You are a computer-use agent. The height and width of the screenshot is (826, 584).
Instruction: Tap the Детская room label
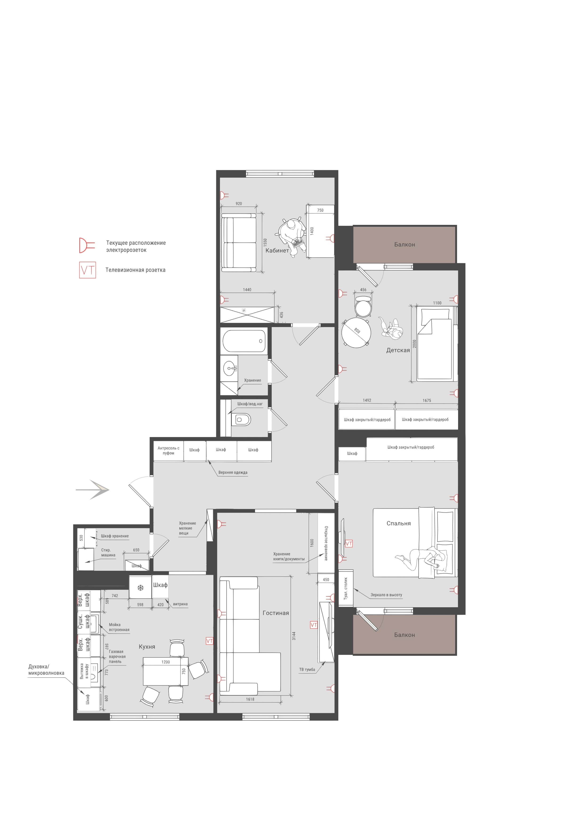coord(398,350)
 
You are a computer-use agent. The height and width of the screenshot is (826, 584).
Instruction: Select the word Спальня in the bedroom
coord(399,523)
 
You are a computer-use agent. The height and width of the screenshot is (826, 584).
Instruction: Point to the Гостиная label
coord(276,613)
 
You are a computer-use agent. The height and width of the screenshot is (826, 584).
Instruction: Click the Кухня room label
coord(147,647)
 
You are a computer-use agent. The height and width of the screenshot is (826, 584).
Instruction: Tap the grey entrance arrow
coord(93,490)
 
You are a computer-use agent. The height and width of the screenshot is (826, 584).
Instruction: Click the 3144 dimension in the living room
coord(294,636)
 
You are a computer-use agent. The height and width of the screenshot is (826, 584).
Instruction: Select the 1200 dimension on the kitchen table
coord(166,662)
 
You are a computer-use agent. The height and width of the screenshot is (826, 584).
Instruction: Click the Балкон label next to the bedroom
coord(405,635)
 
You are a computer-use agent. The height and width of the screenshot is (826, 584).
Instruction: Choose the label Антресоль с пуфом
coord(168,451)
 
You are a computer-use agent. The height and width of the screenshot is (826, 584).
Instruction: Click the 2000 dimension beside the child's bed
coord(414,344)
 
